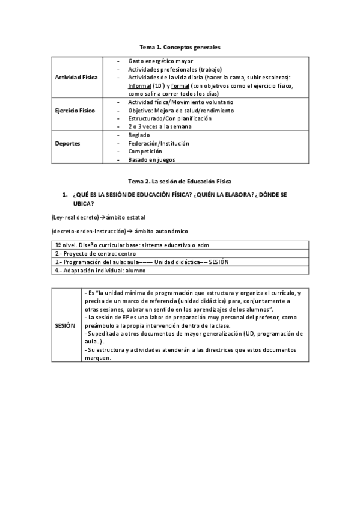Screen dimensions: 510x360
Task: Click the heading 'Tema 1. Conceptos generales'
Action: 180,46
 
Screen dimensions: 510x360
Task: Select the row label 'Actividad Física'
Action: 76,78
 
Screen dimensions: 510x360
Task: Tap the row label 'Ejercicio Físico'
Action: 75,111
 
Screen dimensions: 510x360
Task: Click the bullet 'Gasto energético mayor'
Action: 155,61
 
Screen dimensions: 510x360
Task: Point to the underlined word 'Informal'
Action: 139,85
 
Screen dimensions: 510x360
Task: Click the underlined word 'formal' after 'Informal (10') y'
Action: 180,85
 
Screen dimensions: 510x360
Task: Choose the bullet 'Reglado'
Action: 139,135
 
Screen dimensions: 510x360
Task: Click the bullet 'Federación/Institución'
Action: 159,144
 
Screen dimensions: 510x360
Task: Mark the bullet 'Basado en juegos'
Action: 152,160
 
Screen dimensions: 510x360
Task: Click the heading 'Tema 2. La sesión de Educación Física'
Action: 180,181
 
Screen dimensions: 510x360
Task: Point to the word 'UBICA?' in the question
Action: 84,204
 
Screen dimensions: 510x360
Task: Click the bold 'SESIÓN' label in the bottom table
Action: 65,325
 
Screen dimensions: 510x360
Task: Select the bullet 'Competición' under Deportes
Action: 145,152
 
